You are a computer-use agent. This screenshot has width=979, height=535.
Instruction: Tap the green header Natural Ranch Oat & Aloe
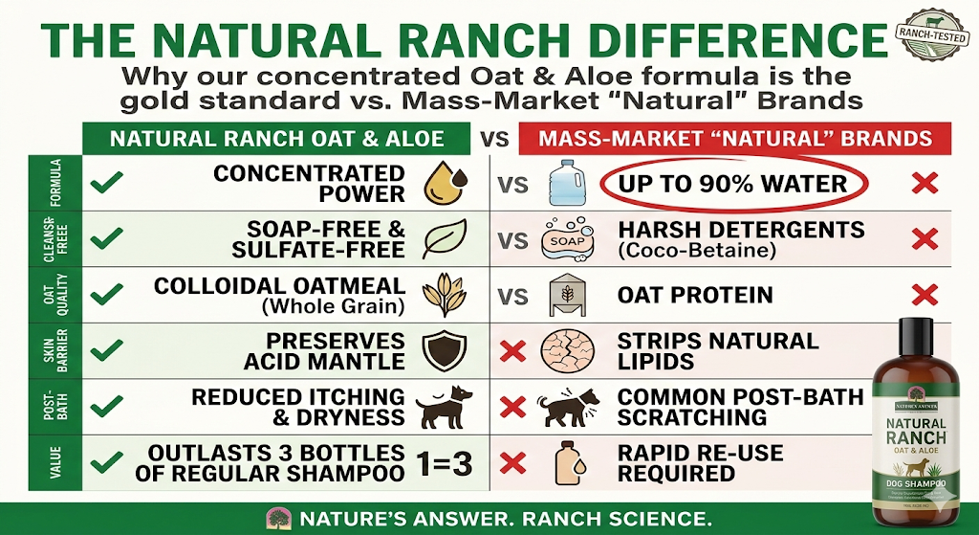pos(277,139)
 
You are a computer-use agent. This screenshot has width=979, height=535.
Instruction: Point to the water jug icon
pos(561,183)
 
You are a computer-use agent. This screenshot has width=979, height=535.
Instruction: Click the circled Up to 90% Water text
pos(733,183)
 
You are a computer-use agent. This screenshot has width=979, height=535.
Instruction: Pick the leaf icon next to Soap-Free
pos(444,239)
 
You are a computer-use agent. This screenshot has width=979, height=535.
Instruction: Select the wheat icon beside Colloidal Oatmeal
pos(444,296)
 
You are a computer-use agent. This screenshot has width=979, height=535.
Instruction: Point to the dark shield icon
pos(444,351)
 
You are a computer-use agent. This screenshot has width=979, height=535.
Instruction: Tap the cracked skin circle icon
pos(561,351)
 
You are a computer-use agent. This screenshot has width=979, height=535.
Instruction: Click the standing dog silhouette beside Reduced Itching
pos(446,408)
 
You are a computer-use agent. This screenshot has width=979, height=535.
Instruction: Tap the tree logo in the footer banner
pos(279,519)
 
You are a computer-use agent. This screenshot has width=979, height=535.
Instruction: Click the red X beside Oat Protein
pos(925,296)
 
